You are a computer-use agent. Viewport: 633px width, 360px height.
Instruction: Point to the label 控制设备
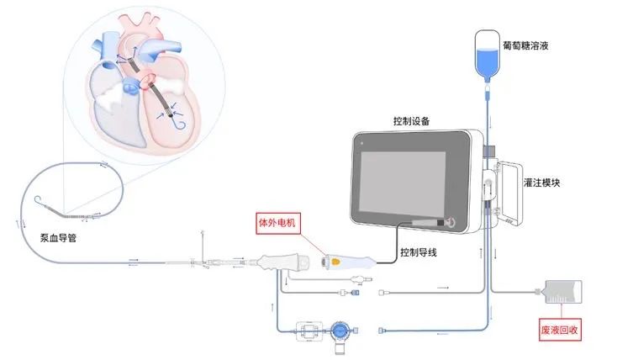pos(413,121)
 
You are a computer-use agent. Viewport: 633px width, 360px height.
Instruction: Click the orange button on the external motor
pos(335,262)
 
